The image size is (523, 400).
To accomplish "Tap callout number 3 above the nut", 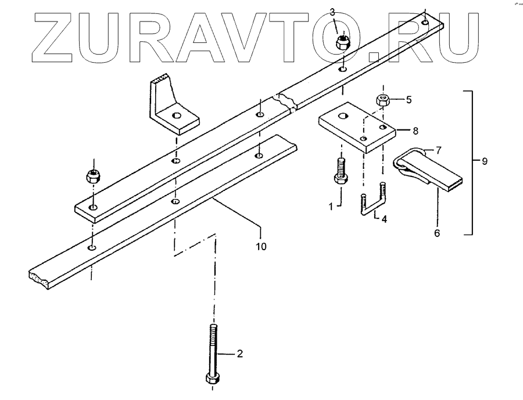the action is pos(332,12).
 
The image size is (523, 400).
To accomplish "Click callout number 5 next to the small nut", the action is pos(409,99).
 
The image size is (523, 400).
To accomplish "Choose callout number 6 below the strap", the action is pos(437,233).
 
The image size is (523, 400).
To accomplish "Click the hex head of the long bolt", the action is pos(212,379).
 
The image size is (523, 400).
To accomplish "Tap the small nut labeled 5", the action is pos(383,99).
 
